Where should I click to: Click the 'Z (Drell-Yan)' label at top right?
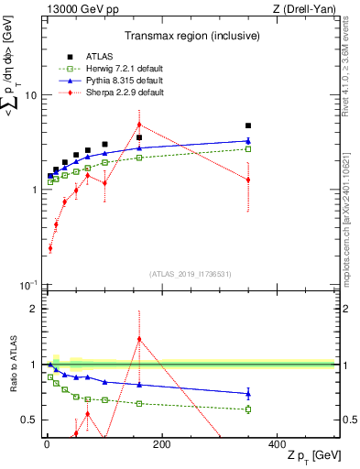(307, 10)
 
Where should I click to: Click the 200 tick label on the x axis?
(162, 444)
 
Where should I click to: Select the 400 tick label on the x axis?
(277, 444)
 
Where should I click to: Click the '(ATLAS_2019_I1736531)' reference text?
(191, 274)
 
